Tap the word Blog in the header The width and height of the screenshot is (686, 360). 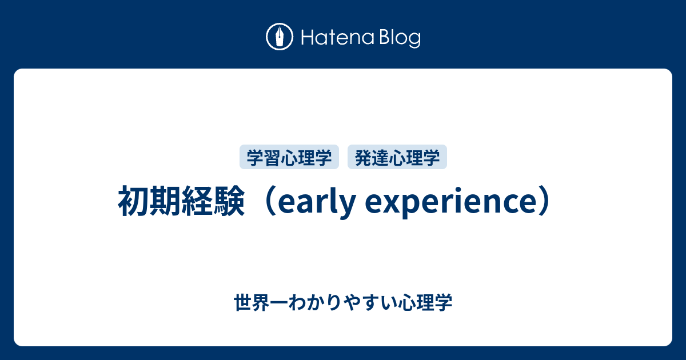click(398, 38)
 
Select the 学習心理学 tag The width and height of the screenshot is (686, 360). click(289, 158)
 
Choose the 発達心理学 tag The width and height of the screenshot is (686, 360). click(397, 158)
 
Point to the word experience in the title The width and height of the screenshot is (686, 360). click(448, 203)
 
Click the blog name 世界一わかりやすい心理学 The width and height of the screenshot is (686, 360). click(343, 302)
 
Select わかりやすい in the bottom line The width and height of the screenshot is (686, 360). click(341, 302)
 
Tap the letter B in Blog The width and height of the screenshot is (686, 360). click(382, 38)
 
